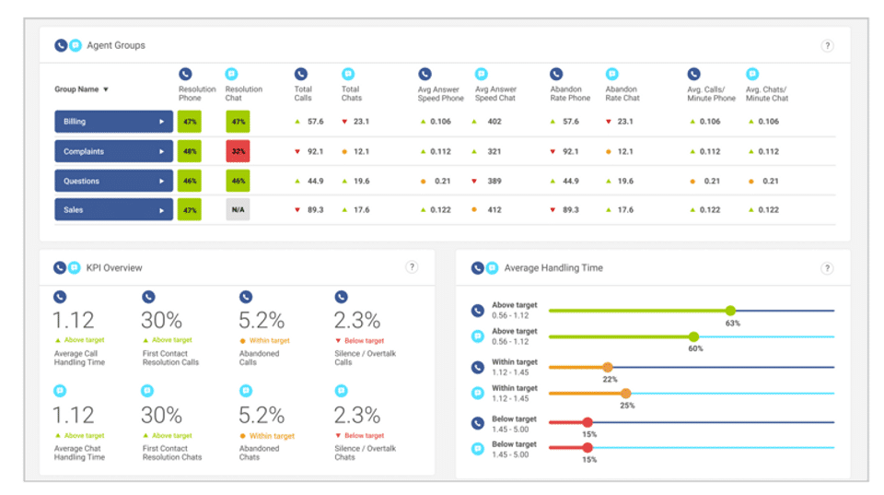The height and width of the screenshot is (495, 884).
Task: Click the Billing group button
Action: [113, 122]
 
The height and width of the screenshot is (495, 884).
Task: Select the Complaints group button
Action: [113, 151]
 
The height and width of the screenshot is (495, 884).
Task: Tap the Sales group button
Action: [113, 210]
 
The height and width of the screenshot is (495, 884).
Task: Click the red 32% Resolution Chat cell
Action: [238, 151]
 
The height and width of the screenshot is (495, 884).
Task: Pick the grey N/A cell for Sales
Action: [238, 210]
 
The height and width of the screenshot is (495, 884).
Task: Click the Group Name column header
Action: [82, 89]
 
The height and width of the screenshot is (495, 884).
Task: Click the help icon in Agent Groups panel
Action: [827, 46]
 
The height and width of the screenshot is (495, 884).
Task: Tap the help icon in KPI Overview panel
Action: [413, 267]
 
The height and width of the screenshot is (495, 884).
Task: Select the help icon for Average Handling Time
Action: [827, 268]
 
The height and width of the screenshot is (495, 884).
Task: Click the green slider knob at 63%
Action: [730, 311]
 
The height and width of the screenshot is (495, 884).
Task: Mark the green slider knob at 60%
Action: [693, 336]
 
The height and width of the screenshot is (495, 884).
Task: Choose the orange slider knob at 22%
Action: [608, 367]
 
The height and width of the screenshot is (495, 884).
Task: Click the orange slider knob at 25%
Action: [626, 394]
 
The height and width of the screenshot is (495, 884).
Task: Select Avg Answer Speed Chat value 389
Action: [494, 181]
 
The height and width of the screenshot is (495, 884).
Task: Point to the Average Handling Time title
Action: [553, 268]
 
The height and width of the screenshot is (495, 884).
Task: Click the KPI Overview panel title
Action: [114, 268]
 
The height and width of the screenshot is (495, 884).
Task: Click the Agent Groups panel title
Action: [116, 45]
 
